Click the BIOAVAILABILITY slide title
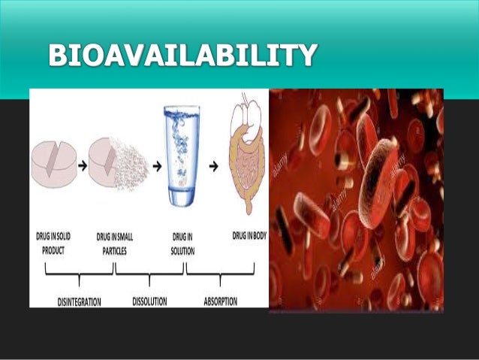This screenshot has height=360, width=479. tap(179, 56)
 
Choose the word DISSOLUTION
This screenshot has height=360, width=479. tap(153, 301)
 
